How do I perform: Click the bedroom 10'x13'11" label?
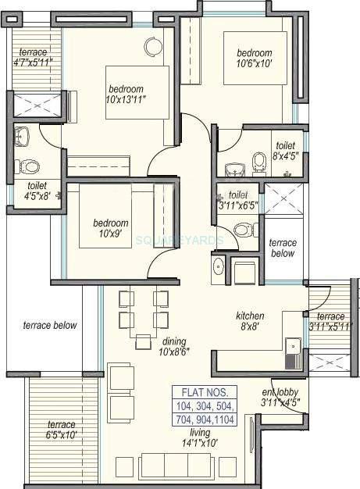(x=127, y=95)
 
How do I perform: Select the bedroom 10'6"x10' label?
(x=255, y=59)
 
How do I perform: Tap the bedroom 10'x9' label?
(x=105, y=227)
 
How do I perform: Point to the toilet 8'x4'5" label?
(x=283, y=151)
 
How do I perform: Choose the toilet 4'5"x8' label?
(x=37, y=191)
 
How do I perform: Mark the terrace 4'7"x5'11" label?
(x=33, y=58)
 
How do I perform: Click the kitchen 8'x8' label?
(x=251, y=321)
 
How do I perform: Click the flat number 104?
(x=188, y=406)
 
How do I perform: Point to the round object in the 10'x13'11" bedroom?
(x=151, y=46)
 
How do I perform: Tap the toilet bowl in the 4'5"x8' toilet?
(x=28, y=165)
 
